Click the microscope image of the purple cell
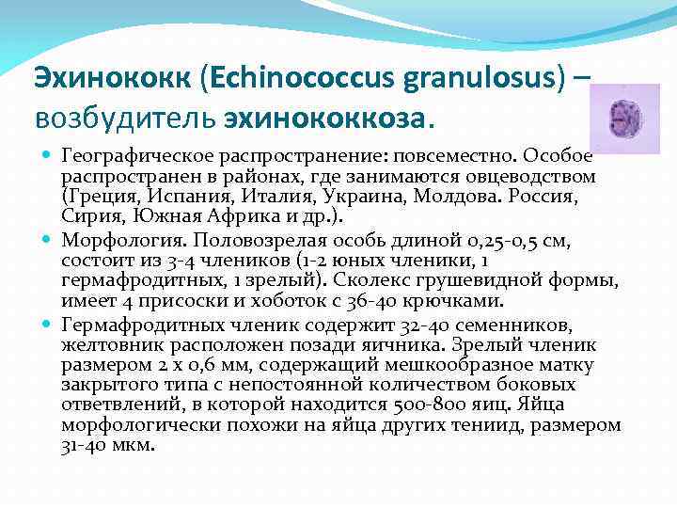(x=630, y=119)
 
